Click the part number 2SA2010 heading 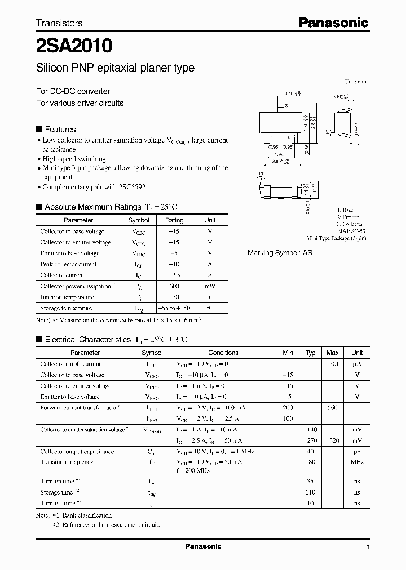pos(74,44)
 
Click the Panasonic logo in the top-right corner pos(333,23)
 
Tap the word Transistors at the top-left pos(59,24)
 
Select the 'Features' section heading pos(60,130)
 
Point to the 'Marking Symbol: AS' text pos(280,253)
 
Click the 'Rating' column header pos(174,220)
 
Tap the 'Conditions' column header pos(223,353)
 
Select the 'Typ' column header pos(310,353)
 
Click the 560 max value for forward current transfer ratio pos(333,407)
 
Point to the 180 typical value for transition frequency pos(310,462)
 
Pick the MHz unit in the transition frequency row pos(356,462)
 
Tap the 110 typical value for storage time pos(310,492)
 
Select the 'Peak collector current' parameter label pos(68,264)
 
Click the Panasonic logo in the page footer pos(204,546)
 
